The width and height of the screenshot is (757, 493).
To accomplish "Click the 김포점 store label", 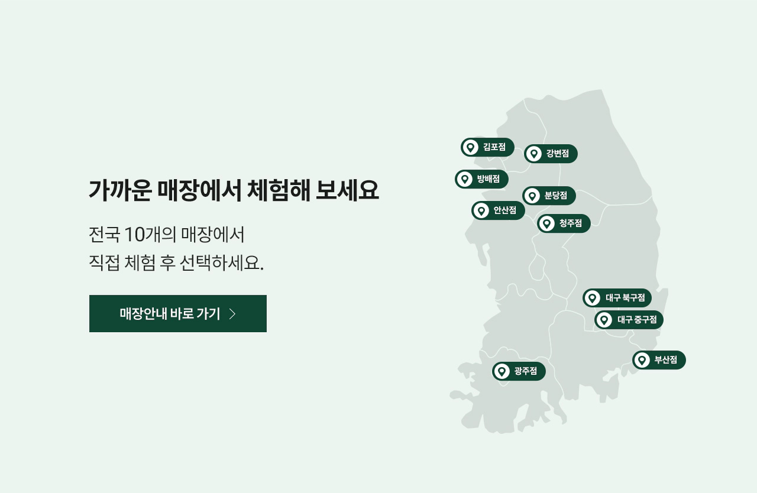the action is pyautogui.click(x=487, y=147).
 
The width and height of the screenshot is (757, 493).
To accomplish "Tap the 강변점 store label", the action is pyautogui.click(x=551, y=154).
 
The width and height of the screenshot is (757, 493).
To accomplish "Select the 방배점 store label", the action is pyautogui.click(x=481, y=179).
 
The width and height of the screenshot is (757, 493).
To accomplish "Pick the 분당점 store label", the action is pyautogui.click(x=549, y=196).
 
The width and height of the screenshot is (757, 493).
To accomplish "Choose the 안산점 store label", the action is pyautogui.click(x=498, y=210).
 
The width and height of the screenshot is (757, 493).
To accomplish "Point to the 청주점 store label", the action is pyautogui.click(x=564, y=223).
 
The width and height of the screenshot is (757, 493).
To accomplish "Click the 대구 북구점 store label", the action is pyautogui.click(x=617, y=298).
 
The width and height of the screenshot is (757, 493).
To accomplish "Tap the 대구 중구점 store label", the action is pyautogui.click(x=629, y=320).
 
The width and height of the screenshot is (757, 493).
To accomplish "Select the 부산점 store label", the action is pyautogui.click(x=659, y=360).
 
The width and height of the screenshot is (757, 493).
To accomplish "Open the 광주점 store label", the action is pyautogui.click(x=519, y=371).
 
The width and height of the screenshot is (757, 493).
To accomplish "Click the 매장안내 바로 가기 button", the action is pyautogui.click(x=178, y=313).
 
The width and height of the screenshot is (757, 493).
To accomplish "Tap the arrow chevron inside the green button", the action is pyautogui.click(x=232, y=314).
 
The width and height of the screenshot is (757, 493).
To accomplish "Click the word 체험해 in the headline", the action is pyautogui.click(x=279, y=190).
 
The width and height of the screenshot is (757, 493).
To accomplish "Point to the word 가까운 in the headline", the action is pyautogui.click(x=120, y=190).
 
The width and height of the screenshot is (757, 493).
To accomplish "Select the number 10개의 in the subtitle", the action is pyautogui.click(x=150, y=234).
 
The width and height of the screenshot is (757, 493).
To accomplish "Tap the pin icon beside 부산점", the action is pyautogui.click(x=642, y=360).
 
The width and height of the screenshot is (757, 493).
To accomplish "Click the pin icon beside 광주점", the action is pyautogui.click(x=502, y=371).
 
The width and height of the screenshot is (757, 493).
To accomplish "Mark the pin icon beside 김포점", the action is pyautogui.click(x=470, y=147).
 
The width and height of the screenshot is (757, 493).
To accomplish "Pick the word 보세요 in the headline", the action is pyautogui.click(x=347, y=190).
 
